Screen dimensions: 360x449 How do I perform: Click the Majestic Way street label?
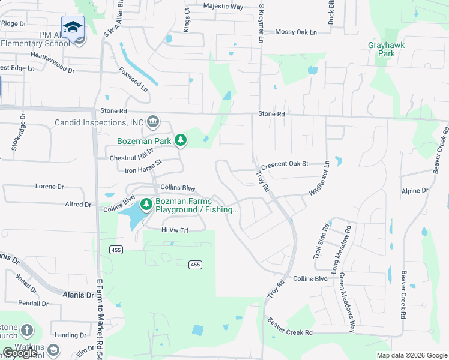[x=223, y=7]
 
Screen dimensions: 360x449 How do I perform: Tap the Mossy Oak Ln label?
[x=295, y=32]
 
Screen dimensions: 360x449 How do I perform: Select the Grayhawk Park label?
[x=382, y=49]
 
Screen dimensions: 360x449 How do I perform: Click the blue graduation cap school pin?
[x=73, y=27]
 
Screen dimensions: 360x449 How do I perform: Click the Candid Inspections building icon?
[x=152, y=122]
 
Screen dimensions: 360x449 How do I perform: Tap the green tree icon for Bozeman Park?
[x=180, y=140]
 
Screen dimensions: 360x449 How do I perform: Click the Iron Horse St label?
[x=143, y=167]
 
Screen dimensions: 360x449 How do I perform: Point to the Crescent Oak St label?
[x=284, y=164]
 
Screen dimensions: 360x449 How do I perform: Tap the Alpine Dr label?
[x=415, y=190]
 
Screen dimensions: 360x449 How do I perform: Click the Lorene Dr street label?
[x=49, y=187]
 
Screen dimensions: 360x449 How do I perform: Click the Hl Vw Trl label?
[x=175, y=230]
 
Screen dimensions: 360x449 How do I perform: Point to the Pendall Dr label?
[x=32, y=304]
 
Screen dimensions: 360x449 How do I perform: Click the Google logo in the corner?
[x=20, y=353]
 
